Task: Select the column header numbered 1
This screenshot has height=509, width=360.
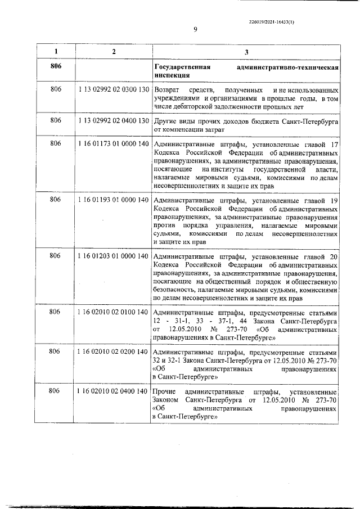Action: point(55,52)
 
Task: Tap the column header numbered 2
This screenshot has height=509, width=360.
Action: point(114,52)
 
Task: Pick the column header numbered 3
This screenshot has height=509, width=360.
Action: point(246,52)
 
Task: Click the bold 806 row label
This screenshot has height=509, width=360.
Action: point(55,67)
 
